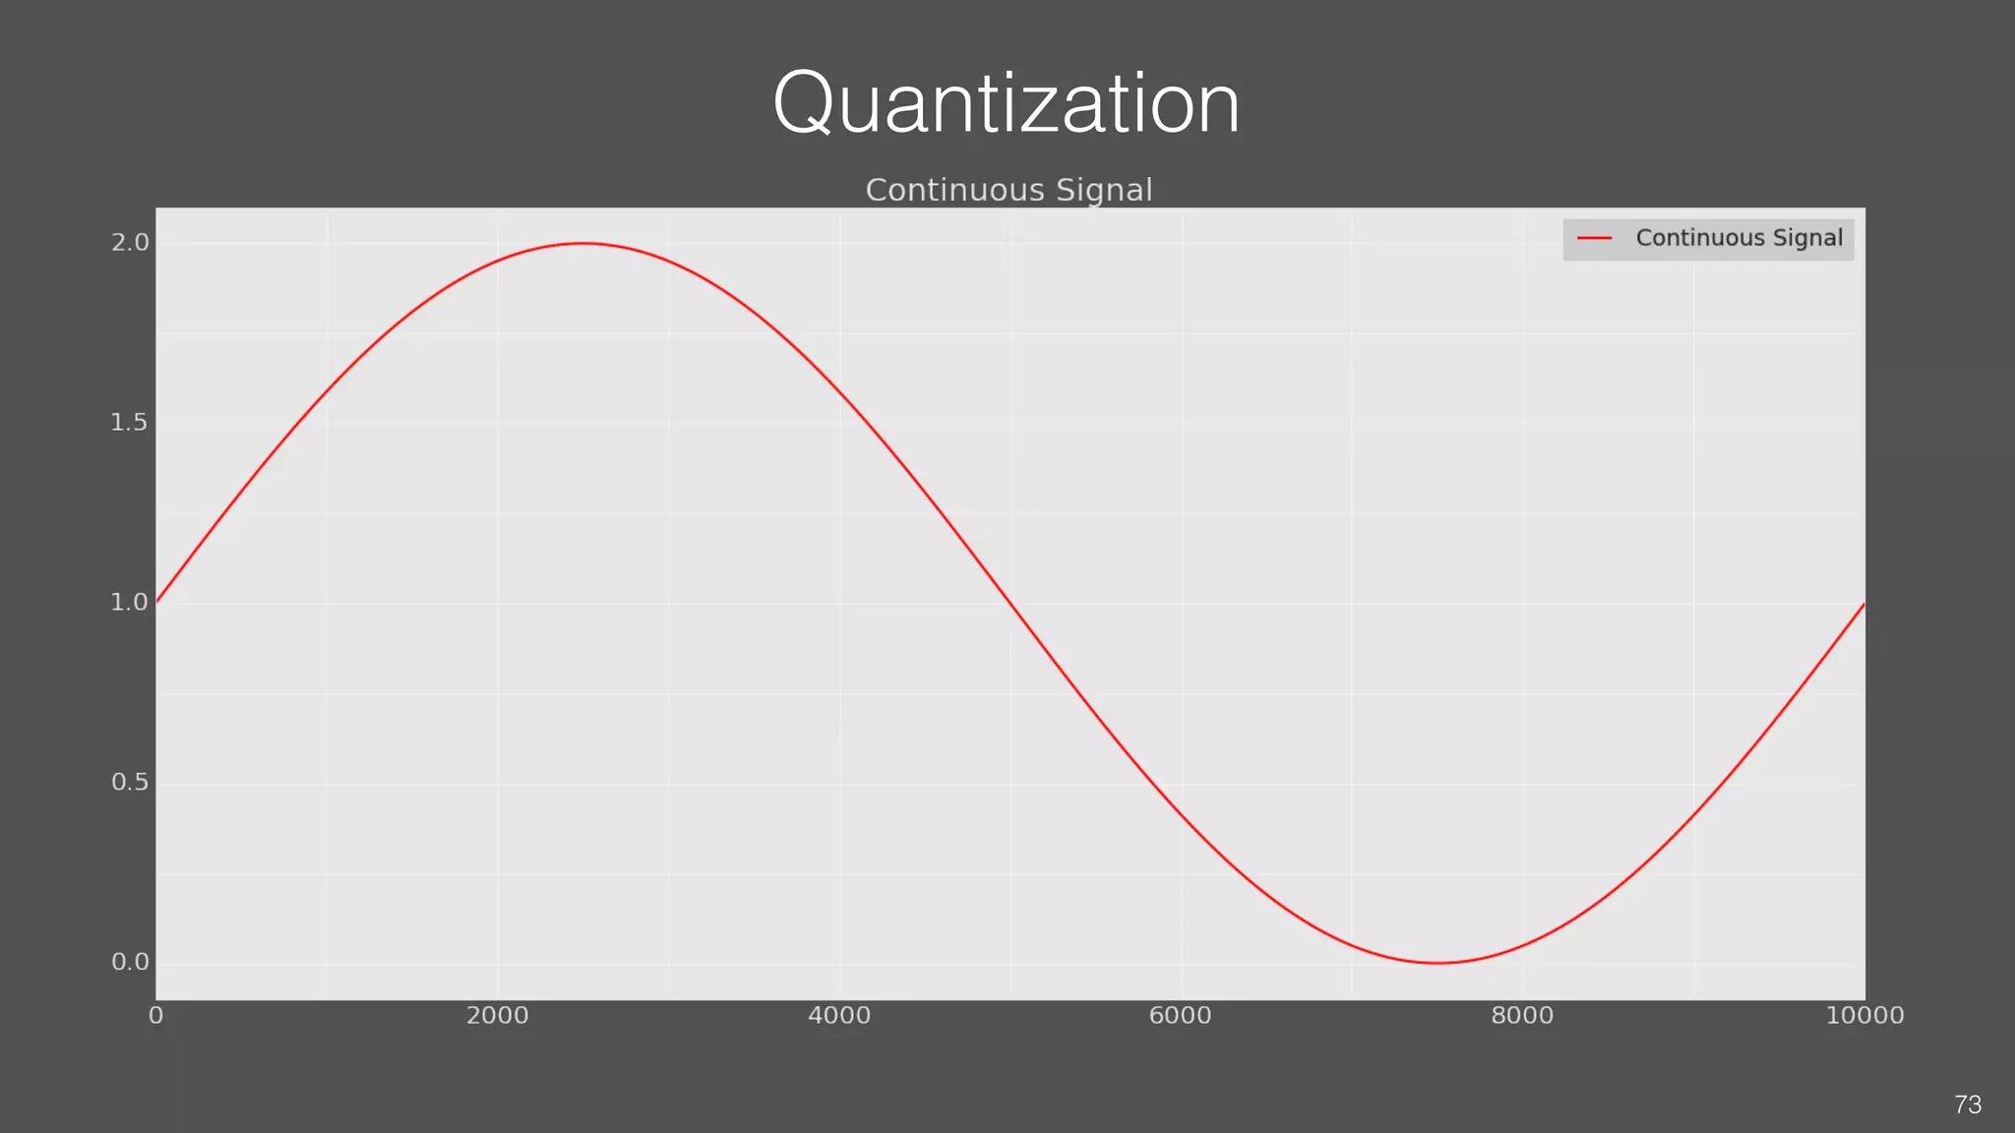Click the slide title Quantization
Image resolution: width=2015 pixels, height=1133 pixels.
1006,103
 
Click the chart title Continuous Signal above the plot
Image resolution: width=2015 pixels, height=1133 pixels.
1008,190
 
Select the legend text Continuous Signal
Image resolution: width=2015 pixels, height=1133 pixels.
1739,238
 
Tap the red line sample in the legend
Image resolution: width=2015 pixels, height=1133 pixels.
1594,238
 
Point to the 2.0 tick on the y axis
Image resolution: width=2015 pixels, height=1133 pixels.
130,243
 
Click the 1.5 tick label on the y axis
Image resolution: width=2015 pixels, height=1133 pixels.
129,423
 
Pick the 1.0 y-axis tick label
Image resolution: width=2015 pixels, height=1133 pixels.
129,602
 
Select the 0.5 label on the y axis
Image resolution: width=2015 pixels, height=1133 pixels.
129,782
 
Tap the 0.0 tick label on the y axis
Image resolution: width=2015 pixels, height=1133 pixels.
130,962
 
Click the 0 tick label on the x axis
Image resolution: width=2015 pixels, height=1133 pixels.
156,1015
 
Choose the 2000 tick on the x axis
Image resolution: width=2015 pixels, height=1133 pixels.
497,1015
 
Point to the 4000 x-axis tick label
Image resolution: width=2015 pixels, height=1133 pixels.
839,1015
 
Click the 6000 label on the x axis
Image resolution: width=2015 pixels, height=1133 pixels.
1180,1015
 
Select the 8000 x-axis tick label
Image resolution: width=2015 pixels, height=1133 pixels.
1522,1015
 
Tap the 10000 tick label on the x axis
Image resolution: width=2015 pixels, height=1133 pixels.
1864,1015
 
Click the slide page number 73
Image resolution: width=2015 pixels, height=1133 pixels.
1968,1104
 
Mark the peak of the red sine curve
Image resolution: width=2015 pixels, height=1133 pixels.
583,243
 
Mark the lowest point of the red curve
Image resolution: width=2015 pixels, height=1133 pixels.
1437,963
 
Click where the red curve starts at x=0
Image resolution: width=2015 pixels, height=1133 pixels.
157,602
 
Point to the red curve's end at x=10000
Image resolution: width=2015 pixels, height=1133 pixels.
1863,604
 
